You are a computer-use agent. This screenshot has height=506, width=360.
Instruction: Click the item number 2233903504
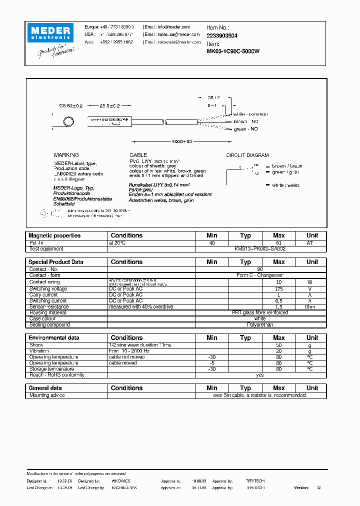click(222, 35)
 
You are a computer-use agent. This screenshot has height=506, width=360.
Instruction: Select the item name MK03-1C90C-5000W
click(233, 51)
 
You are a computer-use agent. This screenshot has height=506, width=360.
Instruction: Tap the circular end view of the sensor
click(67, 121)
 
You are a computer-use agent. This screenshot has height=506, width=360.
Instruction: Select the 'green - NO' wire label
click(246, 129)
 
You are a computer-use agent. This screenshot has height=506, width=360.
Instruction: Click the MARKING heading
click(66, 155)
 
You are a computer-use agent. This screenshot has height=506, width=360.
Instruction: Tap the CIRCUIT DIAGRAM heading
click(247, 155)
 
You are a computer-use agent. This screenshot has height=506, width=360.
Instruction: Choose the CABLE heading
click(138, 155)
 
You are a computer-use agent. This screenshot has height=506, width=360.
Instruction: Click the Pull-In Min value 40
click(212, 242)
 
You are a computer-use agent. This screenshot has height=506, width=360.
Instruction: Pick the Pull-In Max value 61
click(279, 242)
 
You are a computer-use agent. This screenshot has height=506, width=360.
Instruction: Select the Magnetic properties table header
click(54, 235)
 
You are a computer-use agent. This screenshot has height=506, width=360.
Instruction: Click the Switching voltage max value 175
click(279, 289)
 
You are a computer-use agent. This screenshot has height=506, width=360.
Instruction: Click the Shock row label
click(36, 345)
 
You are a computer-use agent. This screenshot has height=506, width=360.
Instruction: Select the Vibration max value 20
click(279, 351)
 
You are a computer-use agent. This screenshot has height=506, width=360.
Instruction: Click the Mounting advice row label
click(47, 395)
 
